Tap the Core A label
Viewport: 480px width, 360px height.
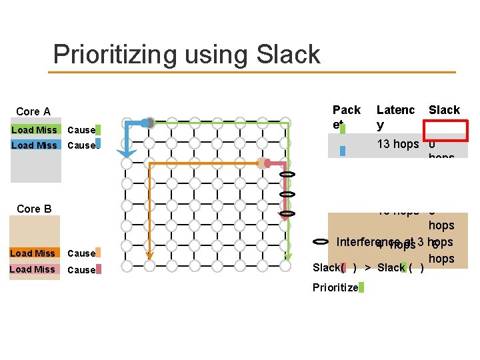pyautogui.click(x=33, y=111)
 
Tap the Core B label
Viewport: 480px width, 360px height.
pyautogui.click(x=33, y=209)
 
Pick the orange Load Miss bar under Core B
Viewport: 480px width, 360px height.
pyautogui.click(x=33, y=253)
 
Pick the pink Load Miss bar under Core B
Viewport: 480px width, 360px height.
pyautogui.click(x=33, y=269)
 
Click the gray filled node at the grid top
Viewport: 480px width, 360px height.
pyautogui.click(x=150, y=123)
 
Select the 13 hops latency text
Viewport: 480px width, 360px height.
pyautogui.click(x=398, y=144)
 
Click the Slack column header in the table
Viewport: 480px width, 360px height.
pyautogui.click(x=444, y=110)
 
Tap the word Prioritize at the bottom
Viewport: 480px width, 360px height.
pyautogui.click(x=335, y=288)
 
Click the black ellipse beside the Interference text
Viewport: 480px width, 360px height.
pyautogui.click(x=321, y=241)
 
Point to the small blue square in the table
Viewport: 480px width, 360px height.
pyautogui.click(x=343, y=151)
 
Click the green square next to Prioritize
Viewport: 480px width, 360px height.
pyautogui.click(x=361, y=288)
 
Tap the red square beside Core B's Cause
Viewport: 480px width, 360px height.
pyautogui.click(x=99, y=269)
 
